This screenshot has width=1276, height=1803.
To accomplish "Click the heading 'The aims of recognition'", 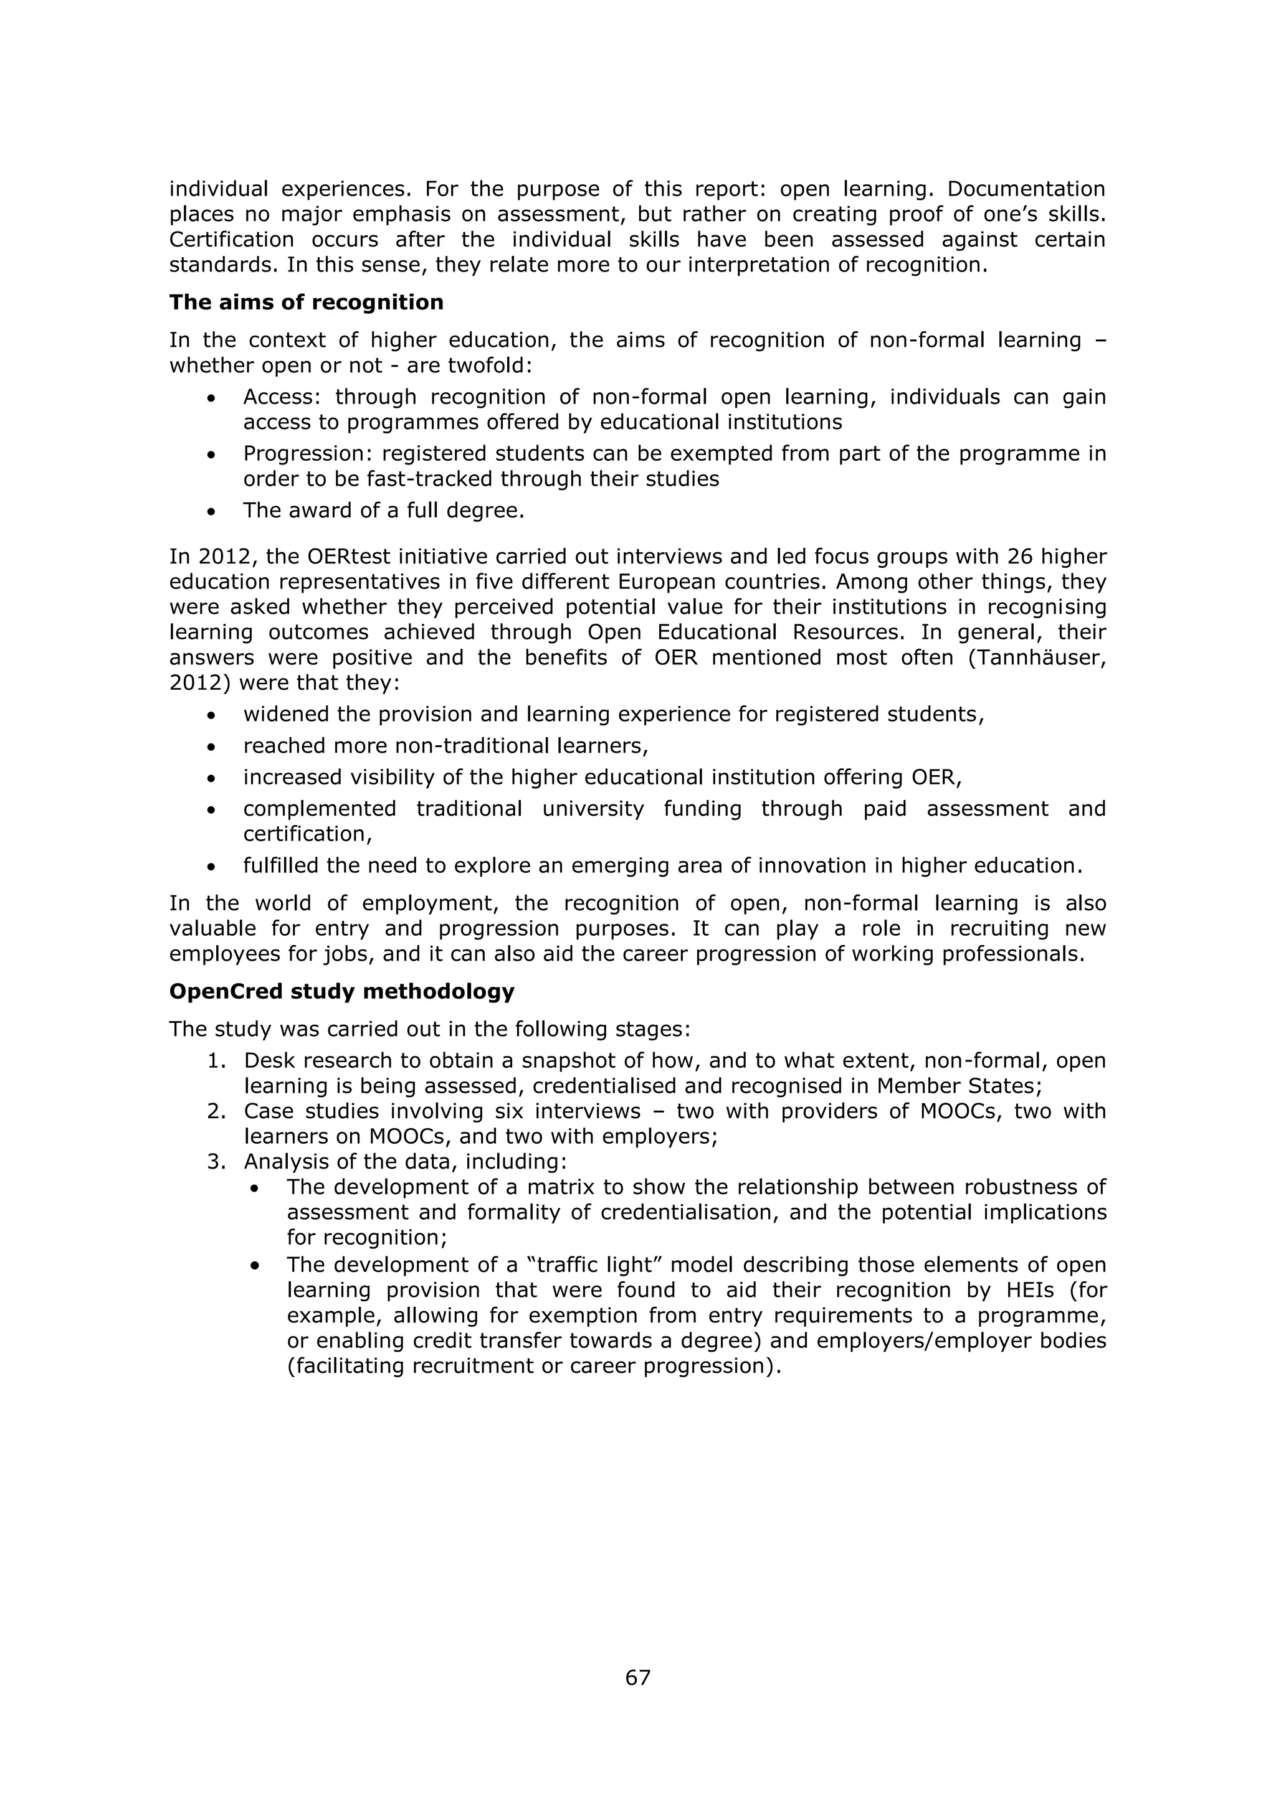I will [x=307, y=303].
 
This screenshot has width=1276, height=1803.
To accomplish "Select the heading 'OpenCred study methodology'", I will [x=342, y=991].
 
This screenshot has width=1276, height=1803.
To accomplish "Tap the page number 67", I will [x=637, y=1677].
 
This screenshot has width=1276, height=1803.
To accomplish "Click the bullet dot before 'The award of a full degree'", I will [x=211, y=512].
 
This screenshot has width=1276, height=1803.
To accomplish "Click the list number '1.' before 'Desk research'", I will [x=217, y=1061].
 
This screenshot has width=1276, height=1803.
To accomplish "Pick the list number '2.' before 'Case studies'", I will [x=217, y=1111].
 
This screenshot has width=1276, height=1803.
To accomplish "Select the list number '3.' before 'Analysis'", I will [x=217, y=1161].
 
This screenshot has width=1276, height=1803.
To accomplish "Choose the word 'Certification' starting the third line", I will [x=232, y=240].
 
